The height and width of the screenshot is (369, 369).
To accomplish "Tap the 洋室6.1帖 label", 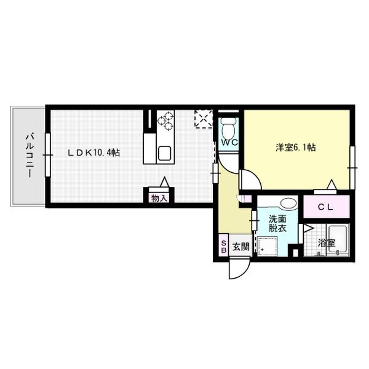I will pos(295,148).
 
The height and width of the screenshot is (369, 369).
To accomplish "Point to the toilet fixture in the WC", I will pos(228,128).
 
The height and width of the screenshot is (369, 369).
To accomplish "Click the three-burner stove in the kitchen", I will pos(165,122).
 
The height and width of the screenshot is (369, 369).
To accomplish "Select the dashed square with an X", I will pos(204,119).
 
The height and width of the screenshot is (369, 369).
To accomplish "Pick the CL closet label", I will pos(325,207).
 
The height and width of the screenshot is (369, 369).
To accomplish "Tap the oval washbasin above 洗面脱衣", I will pos(286,204).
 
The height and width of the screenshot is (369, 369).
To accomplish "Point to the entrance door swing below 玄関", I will pos(237,269).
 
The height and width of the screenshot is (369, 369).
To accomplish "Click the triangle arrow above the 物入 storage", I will pos(164,182).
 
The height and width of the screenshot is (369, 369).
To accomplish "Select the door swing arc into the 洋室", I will pos(249,179).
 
